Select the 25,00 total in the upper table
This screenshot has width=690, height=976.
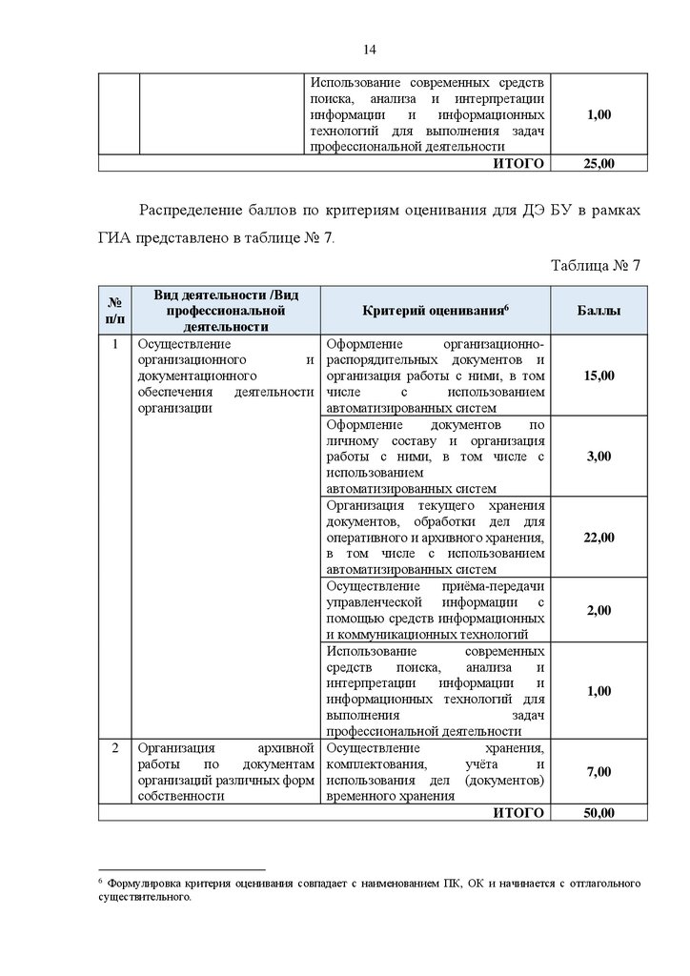(599, 164)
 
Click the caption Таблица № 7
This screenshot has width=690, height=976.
(596, 265)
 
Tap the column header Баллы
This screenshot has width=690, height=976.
(599, 312)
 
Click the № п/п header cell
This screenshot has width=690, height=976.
(114, 312)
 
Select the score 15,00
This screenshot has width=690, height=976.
(599, 376)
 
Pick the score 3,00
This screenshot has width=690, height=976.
(599, 457)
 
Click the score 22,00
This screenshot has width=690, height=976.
(599, 538)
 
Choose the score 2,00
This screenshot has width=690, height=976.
(599, 610)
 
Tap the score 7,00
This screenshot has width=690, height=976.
(599, 772)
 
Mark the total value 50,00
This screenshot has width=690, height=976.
(599, 813)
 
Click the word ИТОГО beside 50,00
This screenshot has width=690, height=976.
(518, 813)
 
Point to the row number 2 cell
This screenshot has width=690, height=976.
(114, 748)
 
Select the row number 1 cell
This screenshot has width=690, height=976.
(114, 344)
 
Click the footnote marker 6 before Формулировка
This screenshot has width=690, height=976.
(100, 882)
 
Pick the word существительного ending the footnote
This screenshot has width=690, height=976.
(145, 898)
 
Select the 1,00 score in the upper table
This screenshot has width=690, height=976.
(599, 114)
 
